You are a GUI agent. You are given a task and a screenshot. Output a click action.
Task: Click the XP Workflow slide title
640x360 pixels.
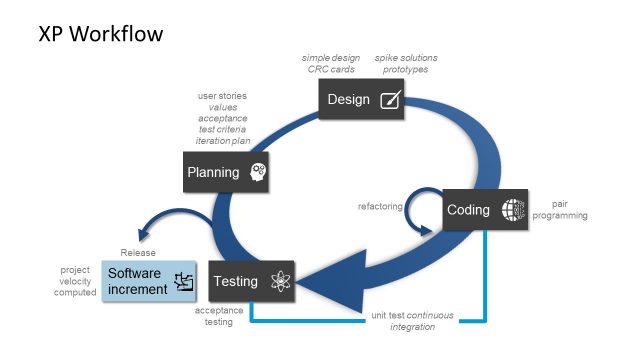[x=100, y=34]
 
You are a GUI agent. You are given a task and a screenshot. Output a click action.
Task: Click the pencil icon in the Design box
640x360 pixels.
[x=391, y=100]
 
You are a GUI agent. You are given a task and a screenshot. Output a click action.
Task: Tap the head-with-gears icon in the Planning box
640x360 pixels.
[x=258, y=172]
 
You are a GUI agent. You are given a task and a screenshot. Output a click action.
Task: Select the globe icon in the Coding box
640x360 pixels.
[x=512, y=210]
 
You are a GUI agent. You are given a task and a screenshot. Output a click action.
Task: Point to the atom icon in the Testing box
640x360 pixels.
[x=280, y=282]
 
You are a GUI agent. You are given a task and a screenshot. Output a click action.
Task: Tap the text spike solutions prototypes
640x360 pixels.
[x=406, y=64]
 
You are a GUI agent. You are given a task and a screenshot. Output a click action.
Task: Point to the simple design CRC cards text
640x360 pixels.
[x=331, y=64]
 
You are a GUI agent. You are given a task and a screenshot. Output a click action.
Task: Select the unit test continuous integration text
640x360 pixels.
[x=411, y=321]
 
